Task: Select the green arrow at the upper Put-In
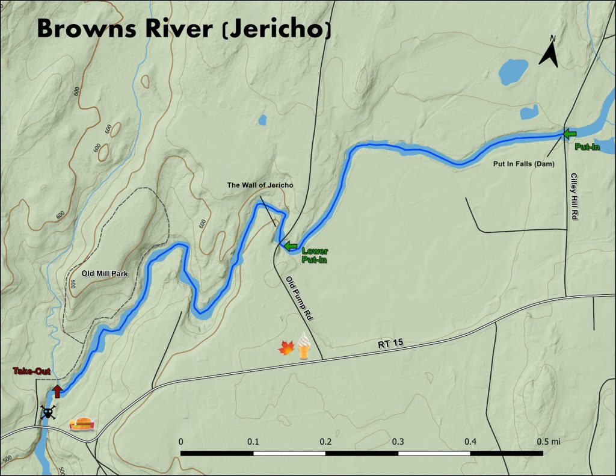pyautogui.click(x=569, y=133)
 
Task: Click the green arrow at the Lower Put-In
pyautogui.click(x=291, y=246)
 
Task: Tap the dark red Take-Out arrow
pyautogui.click(x=57, y=391)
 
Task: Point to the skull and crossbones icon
pyautogui.click(x=48, y=413)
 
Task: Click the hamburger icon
pyautogui.click(x=82, y=425)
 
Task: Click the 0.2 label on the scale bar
pyautogui.click(x=325, y=442)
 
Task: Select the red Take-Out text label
pyautogui.click(x=31, y=372)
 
